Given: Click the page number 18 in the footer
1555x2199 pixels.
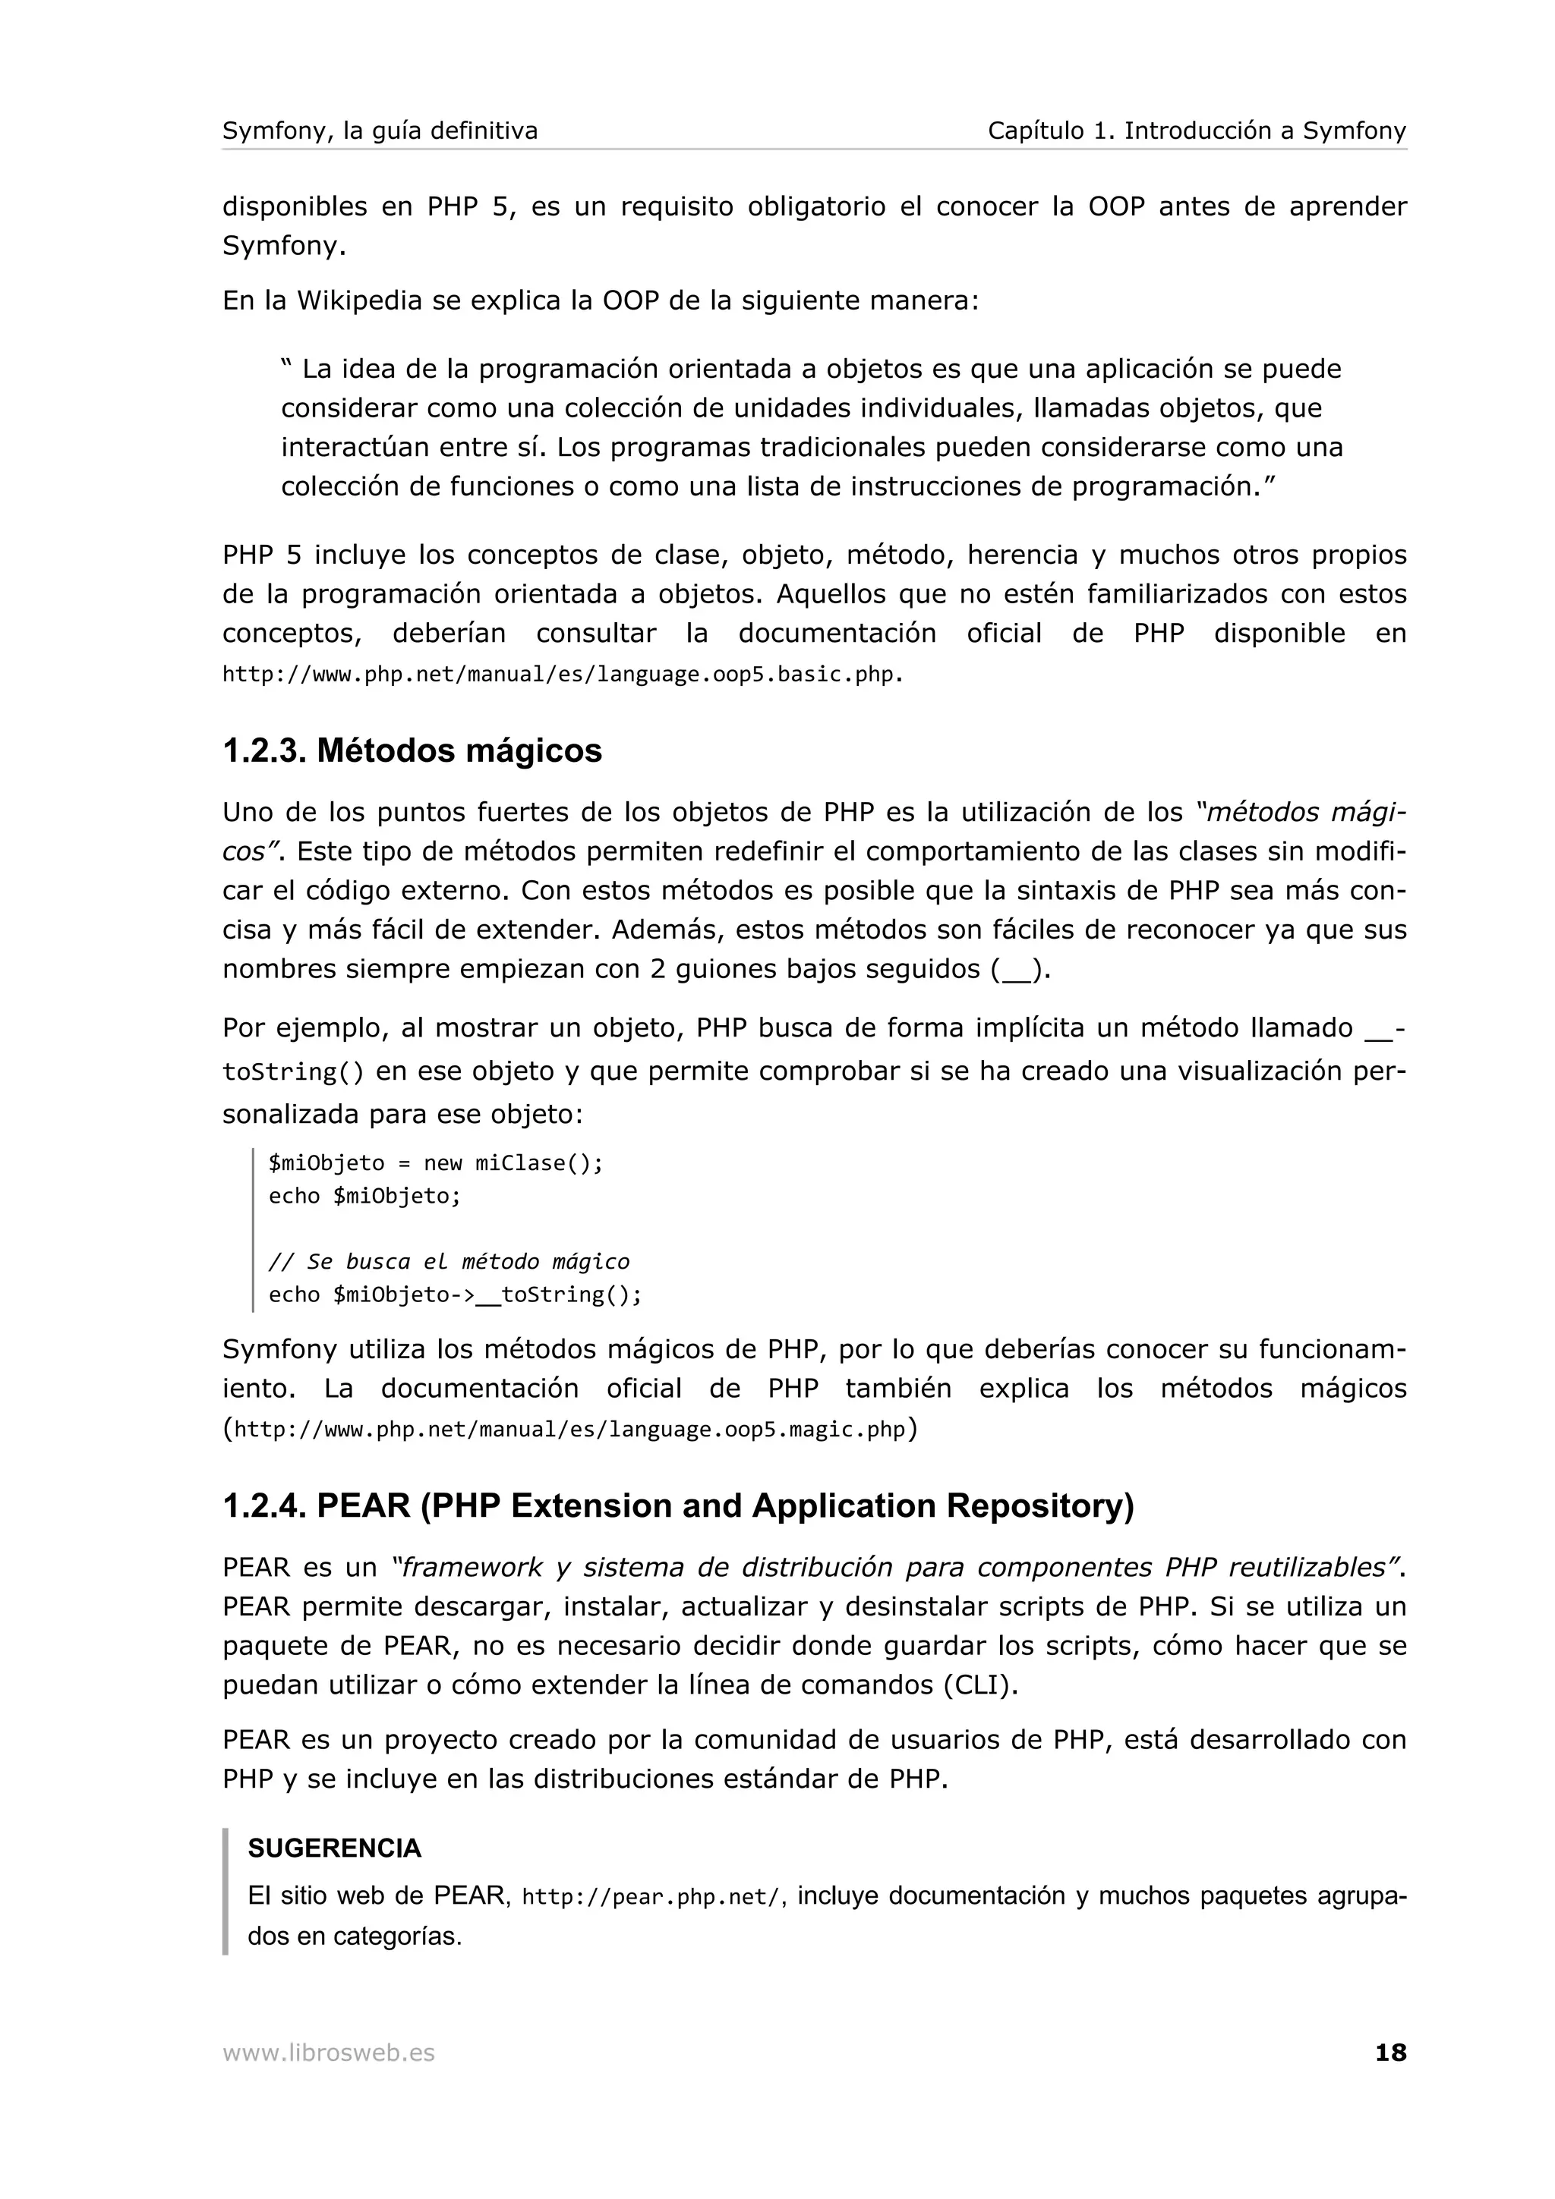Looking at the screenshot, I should click(1390, 2053).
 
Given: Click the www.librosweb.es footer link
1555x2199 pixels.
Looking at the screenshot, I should click(329, 2053).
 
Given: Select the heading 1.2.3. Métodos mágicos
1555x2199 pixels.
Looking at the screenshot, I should click(412, 751).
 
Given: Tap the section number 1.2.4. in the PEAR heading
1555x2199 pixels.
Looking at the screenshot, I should click(264, 1506).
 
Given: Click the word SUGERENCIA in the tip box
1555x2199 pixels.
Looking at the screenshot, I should click(334, 1848).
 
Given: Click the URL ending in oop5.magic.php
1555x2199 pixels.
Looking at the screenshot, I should click(569, 1430).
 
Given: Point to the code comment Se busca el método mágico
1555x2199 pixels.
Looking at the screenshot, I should click(449, 1261).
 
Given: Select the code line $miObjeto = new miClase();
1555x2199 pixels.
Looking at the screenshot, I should click(436, 1162).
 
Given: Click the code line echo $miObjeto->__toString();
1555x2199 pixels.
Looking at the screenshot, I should click(455, 1295).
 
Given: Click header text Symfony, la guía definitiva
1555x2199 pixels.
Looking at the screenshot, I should click(380, 131).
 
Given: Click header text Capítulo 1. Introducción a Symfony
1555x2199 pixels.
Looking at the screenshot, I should click(1197, 131).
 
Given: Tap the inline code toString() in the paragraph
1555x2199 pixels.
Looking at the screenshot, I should click(293, 1071).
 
